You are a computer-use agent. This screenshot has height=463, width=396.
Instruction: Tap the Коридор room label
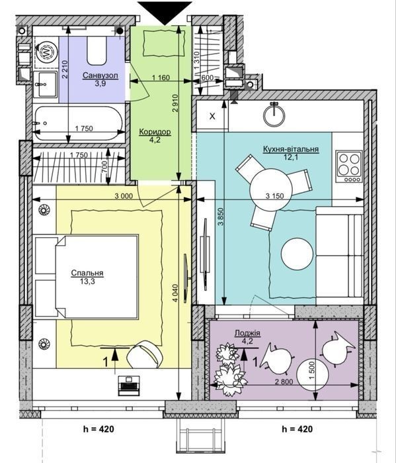(155, 132)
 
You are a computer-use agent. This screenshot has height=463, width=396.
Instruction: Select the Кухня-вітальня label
(291, 149)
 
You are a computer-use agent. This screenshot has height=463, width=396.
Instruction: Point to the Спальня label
(87, 273)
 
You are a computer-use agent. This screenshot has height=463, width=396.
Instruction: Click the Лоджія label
(247, 333)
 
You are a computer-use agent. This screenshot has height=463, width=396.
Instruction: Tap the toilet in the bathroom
(97, 51)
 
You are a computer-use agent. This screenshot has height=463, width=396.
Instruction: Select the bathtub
(79, 123)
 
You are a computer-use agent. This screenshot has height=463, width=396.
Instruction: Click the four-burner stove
(349, 167)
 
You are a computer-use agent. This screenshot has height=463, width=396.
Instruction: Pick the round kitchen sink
(274, 115)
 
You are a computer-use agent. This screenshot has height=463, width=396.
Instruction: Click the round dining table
(271, 189)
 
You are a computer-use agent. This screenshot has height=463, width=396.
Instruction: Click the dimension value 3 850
(221, 217)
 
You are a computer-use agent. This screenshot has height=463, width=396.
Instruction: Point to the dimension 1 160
(161, 77)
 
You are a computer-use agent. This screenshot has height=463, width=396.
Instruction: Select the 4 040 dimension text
(175, 292)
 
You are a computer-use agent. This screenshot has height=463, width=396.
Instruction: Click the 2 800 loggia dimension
(284, 382)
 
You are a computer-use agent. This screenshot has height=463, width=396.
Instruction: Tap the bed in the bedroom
(87, 277)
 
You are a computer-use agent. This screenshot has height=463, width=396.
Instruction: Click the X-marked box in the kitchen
(212, 116)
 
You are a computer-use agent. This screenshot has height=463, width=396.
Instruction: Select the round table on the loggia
(312, 376)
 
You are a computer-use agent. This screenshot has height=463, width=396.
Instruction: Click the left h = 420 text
(99, 429)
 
